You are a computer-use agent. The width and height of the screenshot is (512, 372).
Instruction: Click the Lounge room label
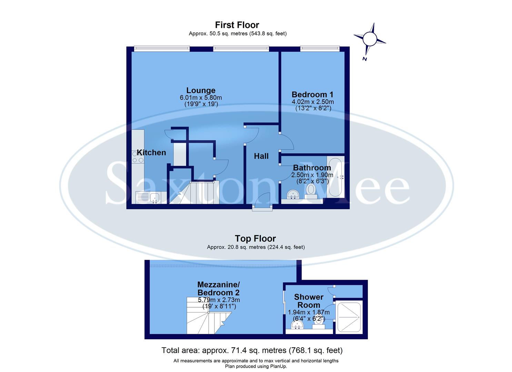tap(201, 91)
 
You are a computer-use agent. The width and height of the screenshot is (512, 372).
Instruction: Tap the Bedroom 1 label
tap(312, 94)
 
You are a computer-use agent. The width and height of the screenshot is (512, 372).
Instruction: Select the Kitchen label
tap(151, 153)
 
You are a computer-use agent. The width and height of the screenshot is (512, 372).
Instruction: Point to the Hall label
tap(261, 156)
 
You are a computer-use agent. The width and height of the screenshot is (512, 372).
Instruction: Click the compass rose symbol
tap(369, 39)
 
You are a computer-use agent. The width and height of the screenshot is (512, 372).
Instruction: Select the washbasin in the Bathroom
tap(293, 194)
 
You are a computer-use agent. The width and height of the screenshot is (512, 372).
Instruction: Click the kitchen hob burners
tap(138, 157)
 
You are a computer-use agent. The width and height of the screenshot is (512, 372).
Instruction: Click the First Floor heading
tap(237, 25)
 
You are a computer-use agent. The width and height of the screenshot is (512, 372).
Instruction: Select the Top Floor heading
tap(255, 238)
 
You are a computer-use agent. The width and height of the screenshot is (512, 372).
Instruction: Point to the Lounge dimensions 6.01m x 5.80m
tap(201, 97)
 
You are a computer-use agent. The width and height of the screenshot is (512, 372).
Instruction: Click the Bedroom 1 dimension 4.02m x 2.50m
tap(313, 102)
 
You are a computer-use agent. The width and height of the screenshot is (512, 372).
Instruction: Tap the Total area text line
tap(252, 351)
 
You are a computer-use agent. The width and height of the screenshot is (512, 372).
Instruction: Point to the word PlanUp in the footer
tap(278, 366)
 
